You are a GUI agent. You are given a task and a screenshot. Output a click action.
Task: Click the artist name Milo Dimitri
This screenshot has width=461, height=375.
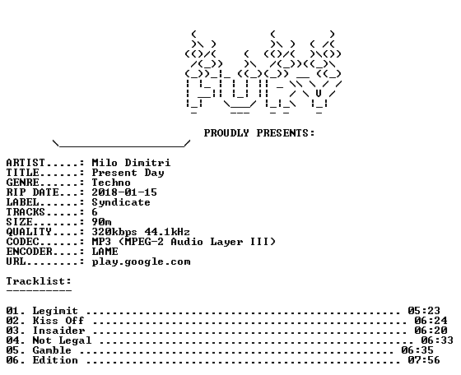[131, 163]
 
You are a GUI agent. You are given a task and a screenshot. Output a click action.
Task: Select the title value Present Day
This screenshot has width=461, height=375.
[128, 173]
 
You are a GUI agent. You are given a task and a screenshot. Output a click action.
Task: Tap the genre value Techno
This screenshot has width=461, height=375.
[111, 183]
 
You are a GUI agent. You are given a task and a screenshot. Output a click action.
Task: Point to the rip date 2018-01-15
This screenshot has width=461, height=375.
[124, 192]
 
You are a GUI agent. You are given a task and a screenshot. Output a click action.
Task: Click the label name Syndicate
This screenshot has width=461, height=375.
[121, 202]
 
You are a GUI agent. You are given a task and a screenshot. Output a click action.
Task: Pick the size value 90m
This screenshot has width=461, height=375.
[101, 222]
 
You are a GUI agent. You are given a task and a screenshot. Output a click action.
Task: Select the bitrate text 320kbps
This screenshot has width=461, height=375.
[114, 232]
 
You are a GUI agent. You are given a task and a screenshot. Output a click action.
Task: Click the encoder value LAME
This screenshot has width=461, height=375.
[105, 252]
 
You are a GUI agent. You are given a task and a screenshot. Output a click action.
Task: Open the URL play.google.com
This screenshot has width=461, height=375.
[141, 262]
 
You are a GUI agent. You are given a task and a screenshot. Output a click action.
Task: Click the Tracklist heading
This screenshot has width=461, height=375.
[39, 281]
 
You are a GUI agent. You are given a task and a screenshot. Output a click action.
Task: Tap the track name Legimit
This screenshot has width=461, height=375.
[55, 311]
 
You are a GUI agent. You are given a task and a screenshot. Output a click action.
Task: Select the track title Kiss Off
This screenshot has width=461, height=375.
[58, 321]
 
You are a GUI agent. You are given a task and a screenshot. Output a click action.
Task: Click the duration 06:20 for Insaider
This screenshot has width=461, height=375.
[431, 331]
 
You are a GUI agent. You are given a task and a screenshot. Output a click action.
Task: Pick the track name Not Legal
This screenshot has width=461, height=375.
[62, 340]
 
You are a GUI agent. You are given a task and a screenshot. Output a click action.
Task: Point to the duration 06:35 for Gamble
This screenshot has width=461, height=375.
[417, 350]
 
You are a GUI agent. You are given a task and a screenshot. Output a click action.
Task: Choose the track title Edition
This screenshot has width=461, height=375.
[55, 360]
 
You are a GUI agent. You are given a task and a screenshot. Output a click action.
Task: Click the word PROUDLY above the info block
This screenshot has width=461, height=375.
[226, 133]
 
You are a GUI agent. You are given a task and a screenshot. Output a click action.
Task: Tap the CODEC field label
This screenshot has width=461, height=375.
[23, 242]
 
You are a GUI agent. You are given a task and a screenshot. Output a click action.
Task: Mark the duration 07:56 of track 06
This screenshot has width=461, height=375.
[424, 360]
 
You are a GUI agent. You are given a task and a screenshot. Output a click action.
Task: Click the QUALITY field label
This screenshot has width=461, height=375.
[29, 232]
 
